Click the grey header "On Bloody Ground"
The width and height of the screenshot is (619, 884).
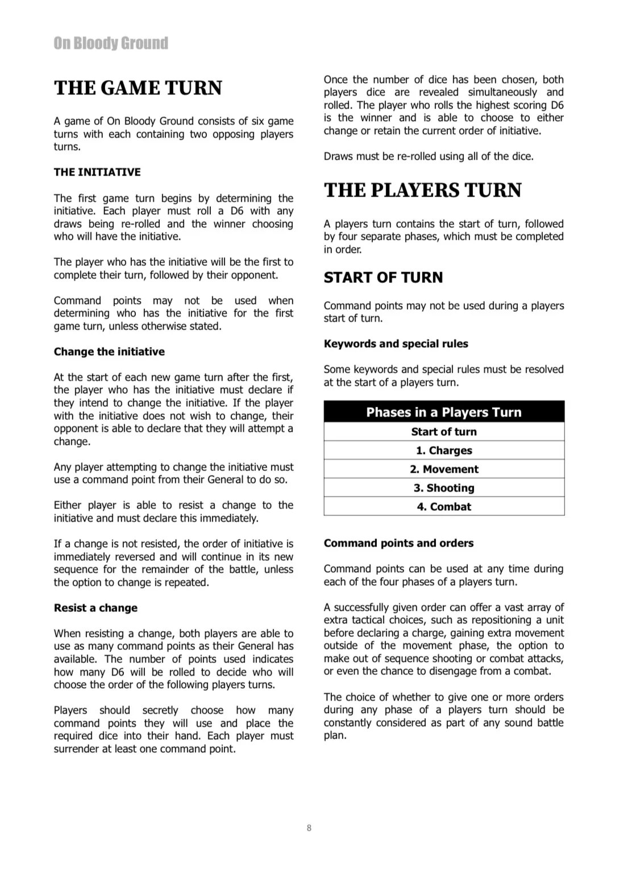pyautogui.click(x=111, y=43)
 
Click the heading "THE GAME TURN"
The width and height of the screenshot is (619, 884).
pyautogui.click(x=138, y=88)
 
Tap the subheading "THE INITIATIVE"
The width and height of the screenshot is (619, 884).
pyautogui.click(x=97, y=172)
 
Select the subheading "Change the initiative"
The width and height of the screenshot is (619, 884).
pyautogui.click(x=109, y=352)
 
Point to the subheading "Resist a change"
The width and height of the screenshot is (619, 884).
pyautogui.click(x=95, y=608)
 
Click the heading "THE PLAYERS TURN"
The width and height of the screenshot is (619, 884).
pyautogui.click(x=422, y=190)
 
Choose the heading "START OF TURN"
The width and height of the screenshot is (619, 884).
pyautogui.click(x=383, y=277)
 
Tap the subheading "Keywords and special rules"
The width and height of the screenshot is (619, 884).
pyautogui.click(x=396, y=344)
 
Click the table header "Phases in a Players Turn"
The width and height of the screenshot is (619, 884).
pyautogui.click(x=443, y=412)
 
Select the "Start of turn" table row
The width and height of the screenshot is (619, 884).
pyautogui.click(x=443, y=432)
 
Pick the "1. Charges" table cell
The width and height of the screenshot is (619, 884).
pyautogui.click(x=443, y=451)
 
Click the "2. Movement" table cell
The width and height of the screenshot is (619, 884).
pyautogui.click(x=443, y=469)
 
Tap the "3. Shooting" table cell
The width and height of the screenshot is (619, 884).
pyautogui.click(x=443, y=488)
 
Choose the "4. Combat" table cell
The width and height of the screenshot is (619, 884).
pyautogui.click(x=443, y=507)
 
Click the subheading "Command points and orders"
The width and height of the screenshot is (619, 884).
pyautogui.click(x=398, y=543)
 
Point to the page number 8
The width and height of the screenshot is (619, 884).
pyautogui.click(x=309, y=828)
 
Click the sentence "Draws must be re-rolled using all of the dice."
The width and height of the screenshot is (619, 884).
pyautogui.click(x=429, y=156)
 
